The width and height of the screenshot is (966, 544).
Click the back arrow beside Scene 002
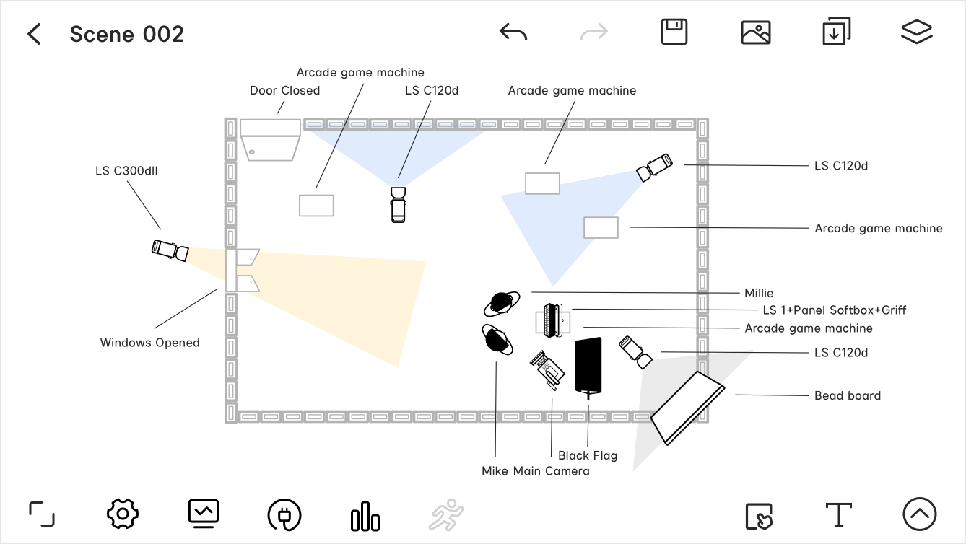(x=34, y=34)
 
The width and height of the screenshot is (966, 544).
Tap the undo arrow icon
(x=513, y=32)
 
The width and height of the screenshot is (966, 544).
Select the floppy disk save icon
(x=674, y=32)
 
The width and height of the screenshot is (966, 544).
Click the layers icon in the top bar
(x=917, y=32)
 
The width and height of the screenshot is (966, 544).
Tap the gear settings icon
(x=122, y=514)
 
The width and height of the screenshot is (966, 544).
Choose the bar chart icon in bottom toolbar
(x=365, y=516)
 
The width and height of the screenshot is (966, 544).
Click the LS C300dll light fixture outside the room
(x=170, y=250)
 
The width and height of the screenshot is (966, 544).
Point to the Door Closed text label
(x=284, y=90)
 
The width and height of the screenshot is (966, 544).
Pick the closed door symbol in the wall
(x=270, y=140)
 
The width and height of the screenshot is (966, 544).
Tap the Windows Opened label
(x=149, y=343)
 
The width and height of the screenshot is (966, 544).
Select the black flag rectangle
(x=588, y=365)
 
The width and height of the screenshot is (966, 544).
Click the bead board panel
(x=687, y=408)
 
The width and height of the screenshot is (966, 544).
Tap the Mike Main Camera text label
(x=535, y=471)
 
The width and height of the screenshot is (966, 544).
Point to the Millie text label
(x=758, y=293)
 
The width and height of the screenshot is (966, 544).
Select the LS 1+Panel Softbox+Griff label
(x=834, y=310)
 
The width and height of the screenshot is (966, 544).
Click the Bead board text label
(x=847, y=395)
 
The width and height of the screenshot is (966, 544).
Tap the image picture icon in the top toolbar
(x=756, y=32)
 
